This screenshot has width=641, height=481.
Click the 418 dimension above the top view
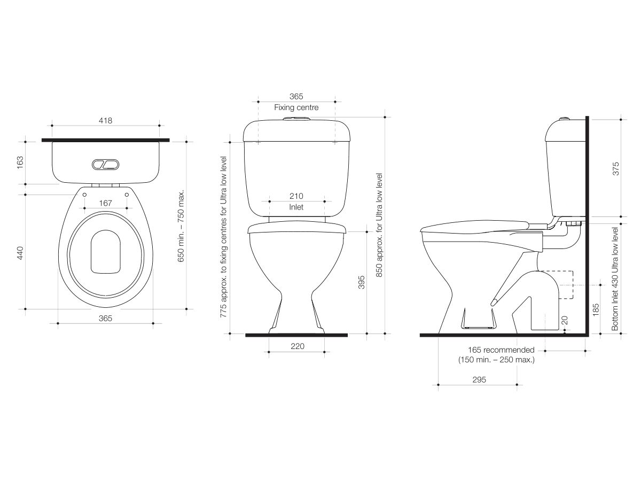pyautogui.click(x=105, y=121)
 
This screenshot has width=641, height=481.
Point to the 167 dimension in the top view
pyautogui.click(x=105, y=203)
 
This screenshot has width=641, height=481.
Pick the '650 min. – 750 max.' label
pyautogui.click(x=181, y=225)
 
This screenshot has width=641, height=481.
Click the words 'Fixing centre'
pyautogui.click(x=296, y=107)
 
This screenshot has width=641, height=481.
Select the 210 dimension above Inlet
pyautogui.click(x=296, y=197)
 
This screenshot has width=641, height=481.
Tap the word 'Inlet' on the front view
pyautogui.click(x=296, y=207)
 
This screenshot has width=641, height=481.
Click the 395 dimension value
pyautogui.click(x=362, y=283)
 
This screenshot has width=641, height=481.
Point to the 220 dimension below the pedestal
pyautogui.click(x=297, y=346)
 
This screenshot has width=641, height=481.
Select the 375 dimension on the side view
pyautogui.click(x=616, y=169)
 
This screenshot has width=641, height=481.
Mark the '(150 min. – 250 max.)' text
pyautogui.click(x=496, y=360)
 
